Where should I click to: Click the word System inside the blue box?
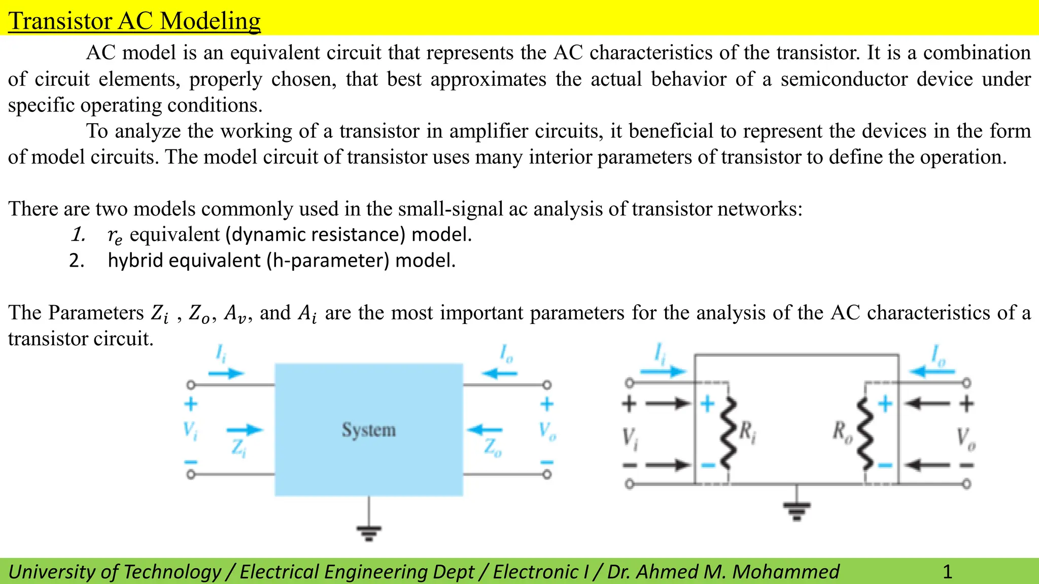coord(368,430)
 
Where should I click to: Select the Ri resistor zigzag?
coord(729,432)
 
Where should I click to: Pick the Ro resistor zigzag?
coord(865,432)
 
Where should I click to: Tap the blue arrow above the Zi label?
coord(245,430)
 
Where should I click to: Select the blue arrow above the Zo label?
coord(484,430)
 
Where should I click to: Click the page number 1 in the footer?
coord(947,572)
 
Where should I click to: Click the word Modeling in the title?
coord(210,21)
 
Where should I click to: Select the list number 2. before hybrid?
coord(77,261)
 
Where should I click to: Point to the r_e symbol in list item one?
coord(115,236)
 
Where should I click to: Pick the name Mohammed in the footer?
coord(786,572)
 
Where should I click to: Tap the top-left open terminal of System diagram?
coord(191,385)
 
